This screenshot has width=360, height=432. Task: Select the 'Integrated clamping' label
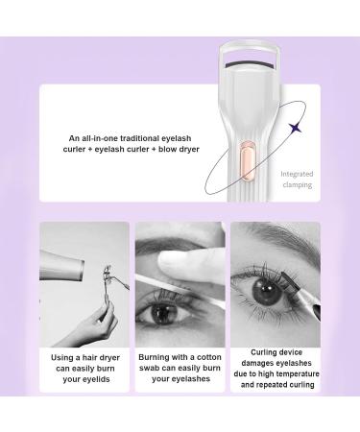(299, 179)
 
